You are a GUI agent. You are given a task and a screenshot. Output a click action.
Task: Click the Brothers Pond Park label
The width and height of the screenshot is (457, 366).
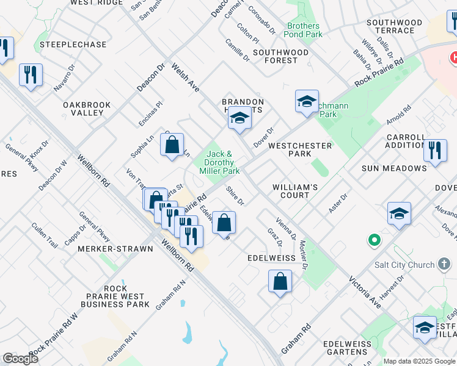tap(304, 30)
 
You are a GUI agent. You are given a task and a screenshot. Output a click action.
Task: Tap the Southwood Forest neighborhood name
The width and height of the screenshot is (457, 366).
tap(280, 56)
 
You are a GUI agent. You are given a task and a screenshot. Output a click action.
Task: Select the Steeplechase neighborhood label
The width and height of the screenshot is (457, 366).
tap(73, 45)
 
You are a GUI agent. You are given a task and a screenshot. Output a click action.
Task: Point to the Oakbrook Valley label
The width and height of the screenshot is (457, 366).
tap(87, 109)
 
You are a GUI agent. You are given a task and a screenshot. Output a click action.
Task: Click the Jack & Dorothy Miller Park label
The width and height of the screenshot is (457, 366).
tap(219, 163)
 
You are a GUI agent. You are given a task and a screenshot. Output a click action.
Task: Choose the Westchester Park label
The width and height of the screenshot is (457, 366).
tap(300, 150)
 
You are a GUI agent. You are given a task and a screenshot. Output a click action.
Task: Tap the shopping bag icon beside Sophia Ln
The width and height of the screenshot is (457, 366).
tap(172, 145)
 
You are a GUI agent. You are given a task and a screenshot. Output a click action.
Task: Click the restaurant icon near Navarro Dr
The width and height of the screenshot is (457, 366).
tap(31, 75)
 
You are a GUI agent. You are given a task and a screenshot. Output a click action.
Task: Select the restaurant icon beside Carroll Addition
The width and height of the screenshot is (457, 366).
tap(434, 150)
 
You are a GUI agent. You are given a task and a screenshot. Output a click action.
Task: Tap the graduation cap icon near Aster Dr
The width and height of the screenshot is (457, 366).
tap(399, 213)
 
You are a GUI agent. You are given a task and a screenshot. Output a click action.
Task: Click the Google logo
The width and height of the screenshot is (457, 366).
tap(20, 359)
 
